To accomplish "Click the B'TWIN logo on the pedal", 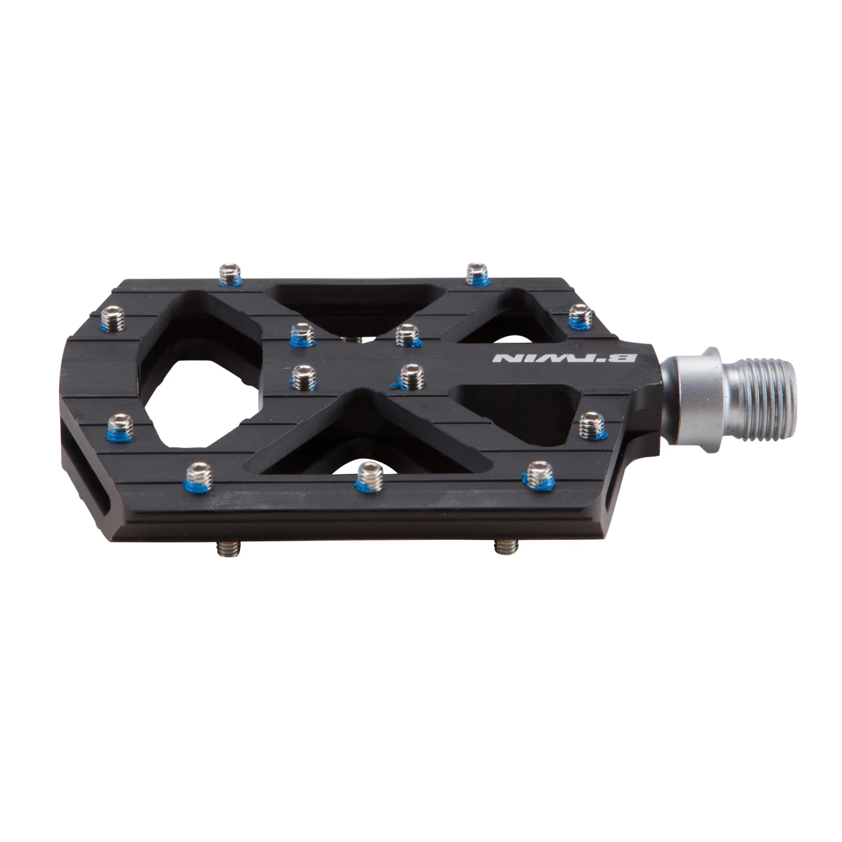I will tap(564, 358).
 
